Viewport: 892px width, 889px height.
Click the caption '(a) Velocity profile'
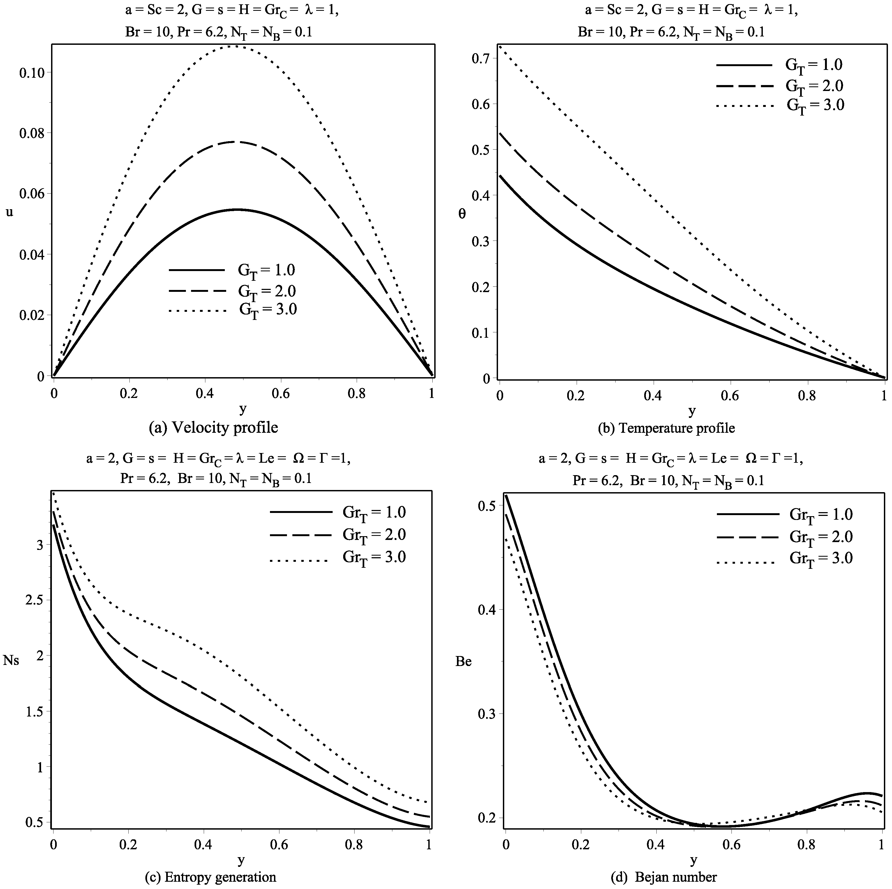[x=213, y=428]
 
